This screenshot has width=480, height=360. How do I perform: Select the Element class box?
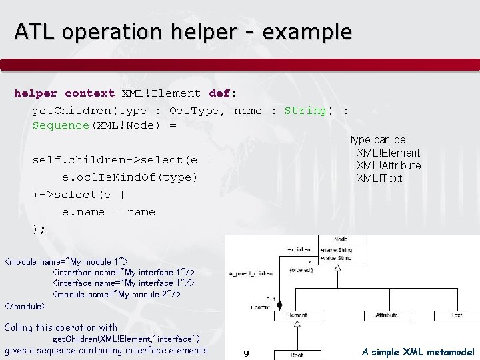[296, 315]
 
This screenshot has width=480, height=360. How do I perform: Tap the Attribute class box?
[387, 315]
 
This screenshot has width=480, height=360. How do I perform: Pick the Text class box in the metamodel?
[457, 315]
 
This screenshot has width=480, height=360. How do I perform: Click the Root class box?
[296, 355]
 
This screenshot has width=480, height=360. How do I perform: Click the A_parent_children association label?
[251, 273]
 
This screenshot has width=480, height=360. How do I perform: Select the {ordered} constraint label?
[301, 270]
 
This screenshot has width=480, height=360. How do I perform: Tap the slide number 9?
[246, 353]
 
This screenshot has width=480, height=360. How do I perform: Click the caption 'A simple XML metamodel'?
[418, 351]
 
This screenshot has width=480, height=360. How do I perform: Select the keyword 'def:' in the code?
[222, 93]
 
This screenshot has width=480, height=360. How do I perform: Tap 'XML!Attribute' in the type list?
[389, 165]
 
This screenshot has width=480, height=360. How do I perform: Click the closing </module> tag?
[25, 306]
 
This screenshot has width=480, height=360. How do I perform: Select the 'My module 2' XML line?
[117, 294]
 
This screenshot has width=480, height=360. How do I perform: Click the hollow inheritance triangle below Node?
[338, 267]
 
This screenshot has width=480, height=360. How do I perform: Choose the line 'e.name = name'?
[109, 212]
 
